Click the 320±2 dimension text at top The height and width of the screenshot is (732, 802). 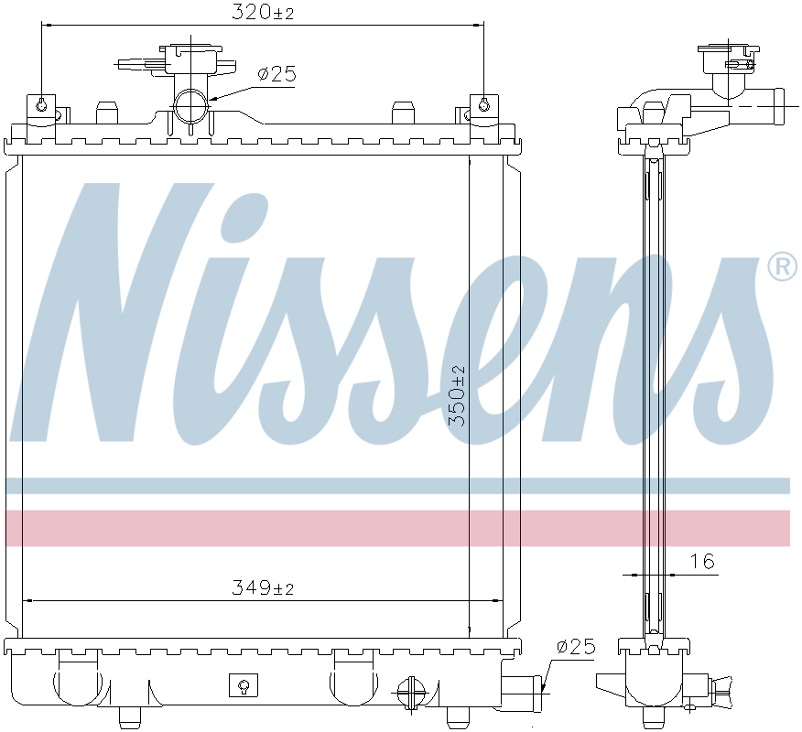263,12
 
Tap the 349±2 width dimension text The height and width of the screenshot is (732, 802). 263,587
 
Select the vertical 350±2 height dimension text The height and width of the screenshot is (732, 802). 457,396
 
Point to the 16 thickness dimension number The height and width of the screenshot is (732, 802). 702,562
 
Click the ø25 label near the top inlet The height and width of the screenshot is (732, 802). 277,75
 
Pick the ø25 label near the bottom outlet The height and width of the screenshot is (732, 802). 577,647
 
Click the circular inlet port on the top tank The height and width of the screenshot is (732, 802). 190,106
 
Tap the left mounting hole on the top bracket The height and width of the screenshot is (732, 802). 41,106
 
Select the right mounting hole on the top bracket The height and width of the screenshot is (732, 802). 484,106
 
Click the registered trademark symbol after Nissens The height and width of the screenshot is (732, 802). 783,266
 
